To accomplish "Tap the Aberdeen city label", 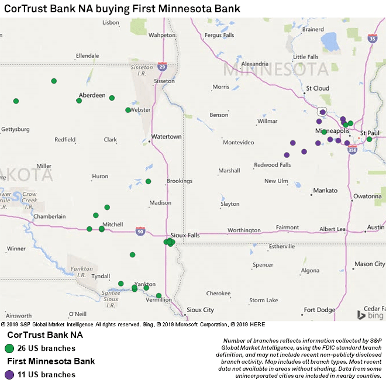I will point(92,95).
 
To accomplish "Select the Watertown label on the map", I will point(166,137).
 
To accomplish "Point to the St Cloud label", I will point(318,88).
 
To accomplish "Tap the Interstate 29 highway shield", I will point(162,67).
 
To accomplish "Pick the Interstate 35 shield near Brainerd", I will point(373,39).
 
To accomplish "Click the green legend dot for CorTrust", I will point(9,349).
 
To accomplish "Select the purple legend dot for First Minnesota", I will point(9,374).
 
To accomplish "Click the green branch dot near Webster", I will point(128,110).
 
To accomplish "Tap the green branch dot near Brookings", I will point(149,181).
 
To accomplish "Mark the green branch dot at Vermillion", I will point(159,295).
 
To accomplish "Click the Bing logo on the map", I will point(370,315).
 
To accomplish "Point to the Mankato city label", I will point(325,191).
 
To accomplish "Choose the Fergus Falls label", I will point(219,35).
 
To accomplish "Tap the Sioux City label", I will point(200,310).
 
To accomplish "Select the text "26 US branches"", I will point(46,349).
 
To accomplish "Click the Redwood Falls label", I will point(272,165).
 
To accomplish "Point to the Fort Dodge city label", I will point(319,310).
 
